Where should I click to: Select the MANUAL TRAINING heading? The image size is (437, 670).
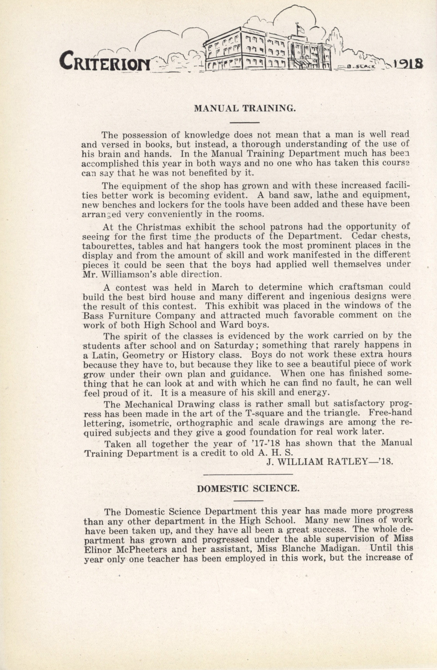[x=245, y=108]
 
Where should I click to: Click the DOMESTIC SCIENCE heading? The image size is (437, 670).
[x=248, y=488]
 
